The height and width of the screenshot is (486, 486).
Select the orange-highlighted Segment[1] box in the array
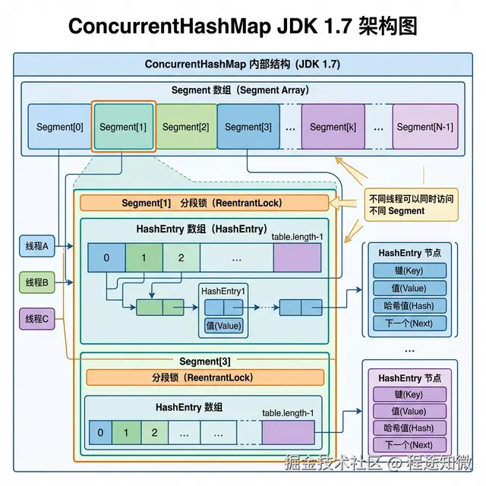(123, 127)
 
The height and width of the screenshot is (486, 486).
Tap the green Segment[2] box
(185, 127)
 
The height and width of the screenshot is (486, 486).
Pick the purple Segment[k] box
(333, 127)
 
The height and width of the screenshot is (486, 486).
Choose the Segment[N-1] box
(425, 127)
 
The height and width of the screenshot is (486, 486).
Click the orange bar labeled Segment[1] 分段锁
(204, 204)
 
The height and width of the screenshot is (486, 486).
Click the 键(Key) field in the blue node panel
(409, 271)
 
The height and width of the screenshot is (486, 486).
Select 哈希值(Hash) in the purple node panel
(409, 428)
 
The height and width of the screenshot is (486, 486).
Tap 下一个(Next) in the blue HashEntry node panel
(409, 323)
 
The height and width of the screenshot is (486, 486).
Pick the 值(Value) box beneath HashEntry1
(223, 326)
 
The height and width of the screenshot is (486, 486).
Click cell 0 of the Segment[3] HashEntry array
(99, 433)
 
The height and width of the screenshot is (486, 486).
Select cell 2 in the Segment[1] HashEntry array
(181, 257)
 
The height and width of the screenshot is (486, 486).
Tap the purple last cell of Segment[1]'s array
(298, 257)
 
